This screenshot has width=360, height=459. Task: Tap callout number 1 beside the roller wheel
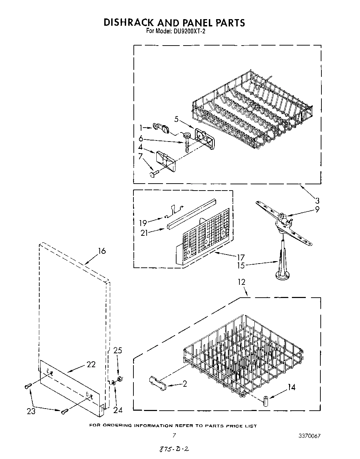[141, 128]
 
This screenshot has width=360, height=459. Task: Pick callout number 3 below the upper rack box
[317, 201]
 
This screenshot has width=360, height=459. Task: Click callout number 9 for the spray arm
[317, 209]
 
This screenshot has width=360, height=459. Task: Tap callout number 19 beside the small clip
[143, 223]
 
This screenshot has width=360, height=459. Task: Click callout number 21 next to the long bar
[144, 233]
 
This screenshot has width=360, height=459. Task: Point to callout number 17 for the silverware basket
[241, 258]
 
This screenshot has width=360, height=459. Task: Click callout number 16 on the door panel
[101, 251]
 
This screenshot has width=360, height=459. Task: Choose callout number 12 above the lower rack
[241, 282]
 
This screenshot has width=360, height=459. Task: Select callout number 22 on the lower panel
[91, 364]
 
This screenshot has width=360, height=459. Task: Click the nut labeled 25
[120, 378]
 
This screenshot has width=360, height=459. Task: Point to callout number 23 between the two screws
[31, 411]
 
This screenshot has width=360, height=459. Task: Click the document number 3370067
[309, 436]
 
